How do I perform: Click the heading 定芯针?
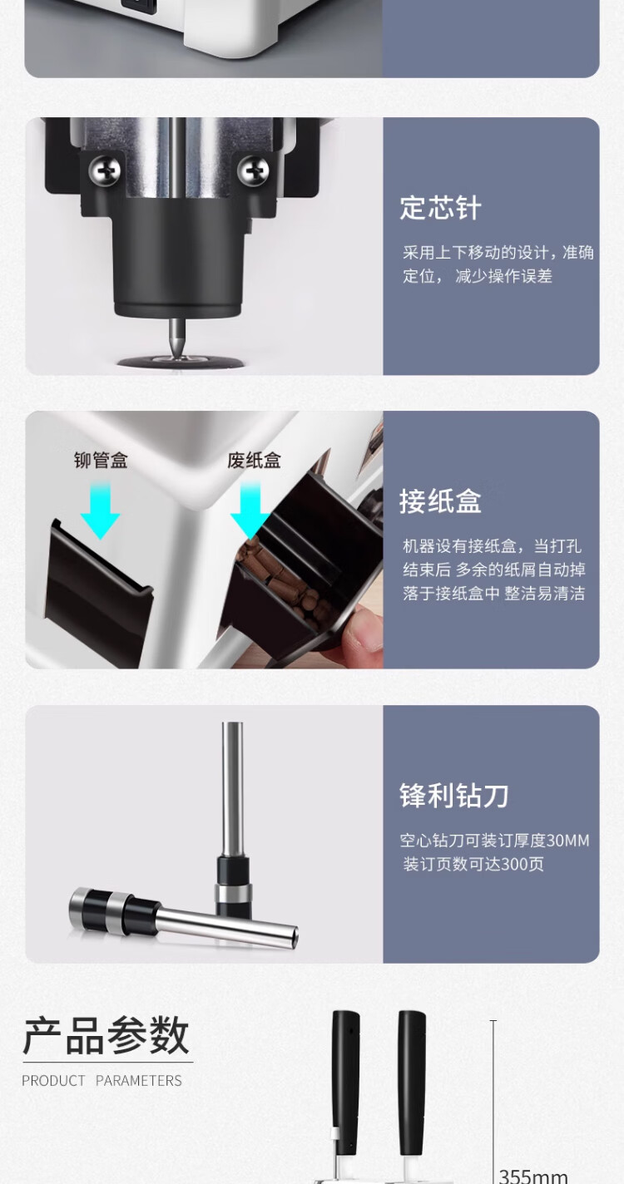(440, 208)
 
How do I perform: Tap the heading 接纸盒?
(440, 501)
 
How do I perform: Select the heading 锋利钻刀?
(453, 796)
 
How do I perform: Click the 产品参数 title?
(106, 1035)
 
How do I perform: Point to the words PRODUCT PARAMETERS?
(102, 1080)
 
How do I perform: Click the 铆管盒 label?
(101, 461)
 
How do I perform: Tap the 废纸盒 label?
(254, 461)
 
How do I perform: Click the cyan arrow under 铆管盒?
(101, 511)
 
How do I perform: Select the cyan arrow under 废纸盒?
(250, 511)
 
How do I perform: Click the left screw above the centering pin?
(104, 170)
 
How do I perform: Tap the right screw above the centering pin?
(253, 170)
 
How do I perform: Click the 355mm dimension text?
(533, 1175)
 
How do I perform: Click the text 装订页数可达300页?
(473, 864)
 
